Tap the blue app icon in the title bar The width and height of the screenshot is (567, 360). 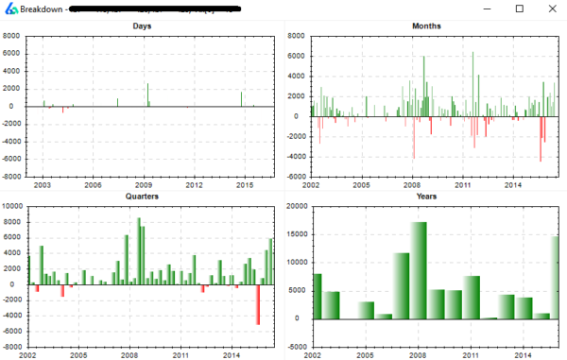pyautogui.click(x=9, y=9)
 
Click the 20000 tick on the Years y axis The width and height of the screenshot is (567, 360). pyautogui.click(x=296, y=206)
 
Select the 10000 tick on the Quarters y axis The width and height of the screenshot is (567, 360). pyautogui.click(x=12, y=206)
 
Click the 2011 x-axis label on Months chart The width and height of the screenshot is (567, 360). pyautogui.click(x=463, y=185)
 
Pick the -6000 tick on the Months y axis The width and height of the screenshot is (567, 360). pyautogui.click(x=297, y=177)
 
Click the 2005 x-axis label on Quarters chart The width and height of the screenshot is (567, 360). pyautogui.click(x=78, y=355)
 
